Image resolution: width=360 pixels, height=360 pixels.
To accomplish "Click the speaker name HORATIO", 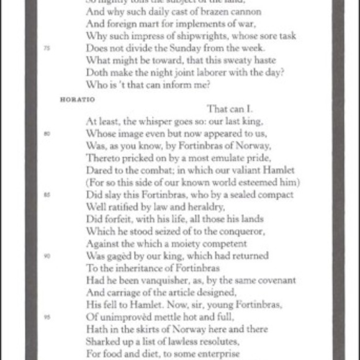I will [71, 99].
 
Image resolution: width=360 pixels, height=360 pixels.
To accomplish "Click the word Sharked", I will [102, 341].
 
